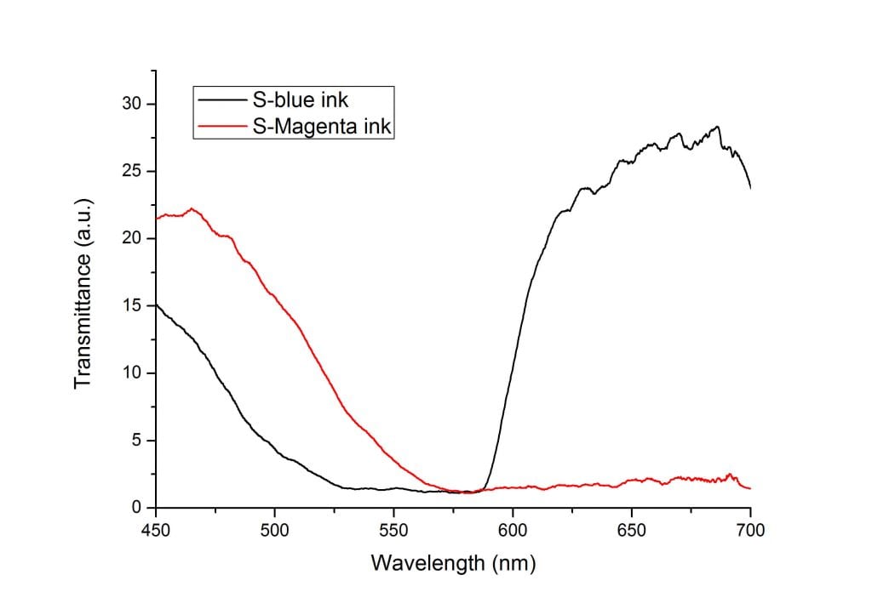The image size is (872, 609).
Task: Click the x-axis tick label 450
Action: (155, 532)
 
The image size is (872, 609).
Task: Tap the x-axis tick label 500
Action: (274, 532)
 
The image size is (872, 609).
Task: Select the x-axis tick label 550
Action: (393, 532)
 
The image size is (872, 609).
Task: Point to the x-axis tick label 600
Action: (513, 532)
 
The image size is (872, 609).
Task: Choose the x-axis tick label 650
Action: (631, 532)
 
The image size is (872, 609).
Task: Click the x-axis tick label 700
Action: (750, 532)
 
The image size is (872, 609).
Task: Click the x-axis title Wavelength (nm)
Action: (453, 563)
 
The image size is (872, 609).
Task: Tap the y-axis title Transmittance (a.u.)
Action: (83, 293)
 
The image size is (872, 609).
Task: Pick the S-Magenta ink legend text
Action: (322, 127)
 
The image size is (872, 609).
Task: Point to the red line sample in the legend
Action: (223, 127)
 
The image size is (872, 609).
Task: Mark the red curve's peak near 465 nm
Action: (192, 208)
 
